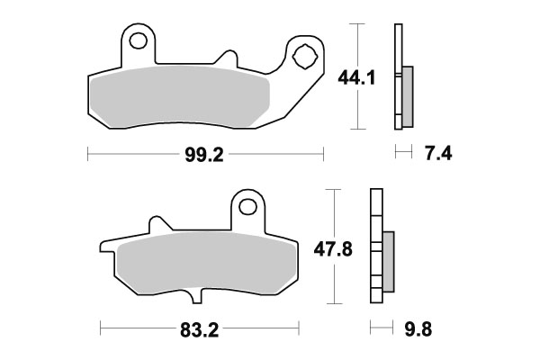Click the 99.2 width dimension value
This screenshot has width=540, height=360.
(204, 155)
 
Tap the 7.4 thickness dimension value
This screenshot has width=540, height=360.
(436, 155)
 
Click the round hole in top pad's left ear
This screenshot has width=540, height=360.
(138, 42)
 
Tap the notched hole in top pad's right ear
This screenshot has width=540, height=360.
(304, 56)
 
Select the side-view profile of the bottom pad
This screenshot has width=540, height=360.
(376, 247)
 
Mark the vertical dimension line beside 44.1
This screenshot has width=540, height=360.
(358, 76)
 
